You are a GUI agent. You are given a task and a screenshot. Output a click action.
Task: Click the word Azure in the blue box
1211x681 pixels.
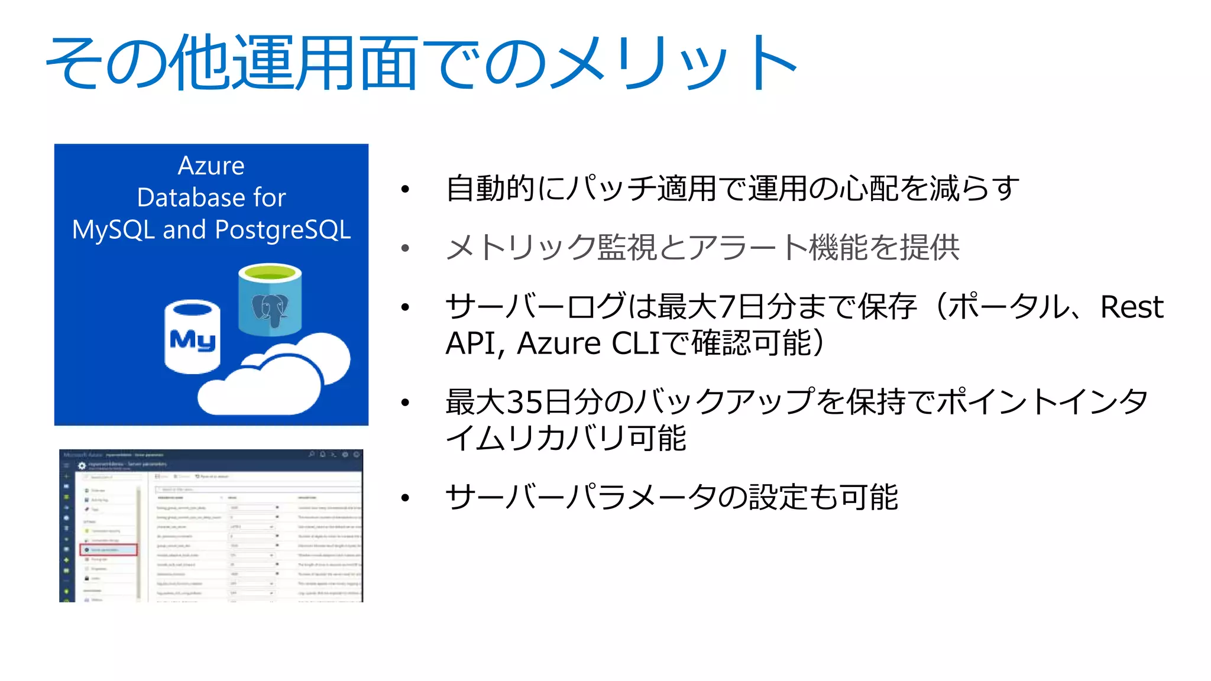point(211,166)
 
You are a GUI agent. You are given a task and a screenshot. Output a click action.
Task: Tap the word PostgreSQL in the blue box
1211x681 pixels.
point(283,230)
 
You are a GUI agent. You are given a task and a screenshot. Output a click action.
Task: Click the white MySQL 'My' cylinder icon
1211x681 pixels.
point(192,338)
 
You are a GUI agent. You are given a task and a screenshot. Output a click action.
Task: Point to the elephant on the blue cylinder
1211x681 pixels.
point(270,309)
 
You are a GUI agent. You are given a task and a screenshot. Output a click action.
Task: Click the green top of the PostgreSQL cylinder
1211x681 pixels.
point(270,273)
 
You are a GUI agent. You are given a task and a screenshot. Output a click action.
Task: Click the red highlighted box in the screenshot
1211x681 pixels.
point(108,550)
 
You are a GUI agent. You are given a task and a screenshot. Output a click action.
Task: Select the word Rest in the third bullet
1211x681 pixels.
point(1131,307)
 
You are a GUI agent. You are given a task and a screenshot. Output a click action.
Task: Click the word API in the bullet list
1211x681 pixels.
point(471,343)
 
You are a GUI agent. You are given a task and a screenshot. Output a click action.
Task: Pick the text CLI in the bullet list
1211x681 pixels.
point(634,343)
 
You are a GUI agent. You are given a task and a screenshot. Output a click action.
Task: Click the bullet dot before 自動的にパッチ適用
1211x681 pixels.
point(405,190)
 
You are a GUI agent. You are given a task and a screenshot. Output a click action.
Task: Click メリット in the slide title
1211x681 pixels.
point(674,63)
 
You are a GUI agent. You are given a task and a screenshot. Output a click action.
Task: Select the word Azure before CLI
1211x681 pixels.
point(559,343)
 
